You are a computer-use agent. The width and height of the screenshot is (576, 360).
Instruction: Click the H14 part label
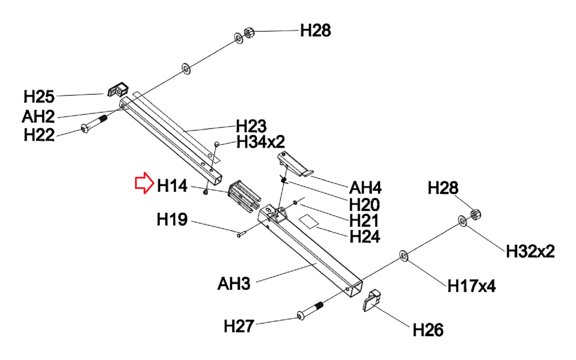click(172, 186)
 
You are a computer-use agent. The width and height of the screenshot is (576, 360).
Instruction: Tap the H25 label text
click(39, 97)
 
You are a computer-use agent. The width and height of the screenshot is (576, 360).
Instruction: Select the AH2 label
click(38, 117)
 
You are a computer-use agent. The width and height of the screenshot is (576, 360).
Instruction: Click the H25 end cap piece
click(118, 90)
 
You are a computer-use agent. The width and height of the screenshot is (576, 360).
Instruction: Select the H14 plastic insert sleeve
click(243, 196)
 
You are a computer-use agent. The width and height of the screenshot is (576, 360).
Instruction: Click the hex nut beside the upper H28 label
click(249, 33)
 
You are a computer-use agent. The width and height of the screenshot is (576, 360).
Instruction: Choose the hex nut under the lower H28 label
click(475, 215)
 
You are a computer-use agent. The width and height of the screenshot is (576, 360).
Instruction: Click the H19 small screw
click(241, 234)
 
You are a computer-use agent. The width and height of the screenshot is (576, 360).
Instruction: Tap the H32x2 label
click(530, 251)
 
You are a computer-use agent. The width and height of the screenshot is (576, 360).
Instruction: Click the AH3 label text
click(234, 284)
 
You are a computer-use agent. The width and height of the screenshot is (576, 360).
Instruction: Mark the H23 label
click(251, 126)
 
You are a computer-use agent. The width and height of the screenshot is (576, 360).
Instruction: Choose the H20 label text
click(364, 205)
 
